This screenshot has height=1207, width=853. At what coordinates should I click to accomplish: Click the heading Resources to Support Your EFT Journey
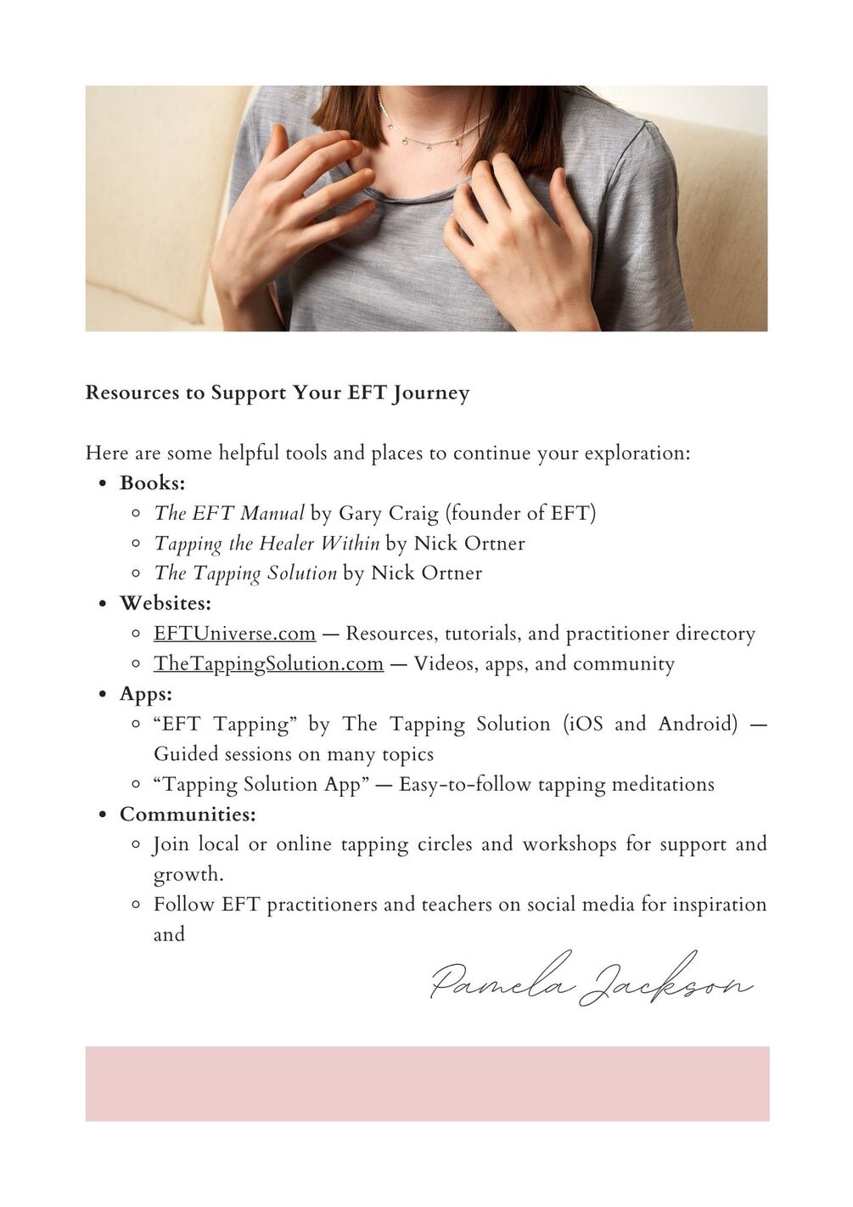(277, 393)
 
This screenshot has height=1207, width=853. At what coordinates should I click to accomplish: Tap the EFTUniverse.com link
(234, 634)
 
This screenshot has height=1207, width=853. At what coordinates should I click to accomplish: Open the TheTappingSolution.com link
(268, 663)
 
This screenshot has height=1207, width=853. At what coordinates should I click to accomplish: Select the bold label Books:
(152, 483)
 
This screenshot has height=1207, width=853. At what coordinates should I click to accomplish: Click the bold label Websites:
(165, 603)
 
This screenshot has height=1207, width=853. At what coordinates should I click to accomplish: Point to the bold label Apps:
(145, 694)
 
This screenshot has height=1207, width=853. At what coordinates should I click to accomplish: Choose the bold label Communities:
(187, 814)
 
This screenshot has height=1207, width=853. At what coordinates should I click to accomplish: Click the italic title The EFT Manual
(228, 513)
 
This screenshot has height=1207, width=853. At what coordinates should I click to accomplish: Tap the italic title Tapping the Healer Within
(267, 544)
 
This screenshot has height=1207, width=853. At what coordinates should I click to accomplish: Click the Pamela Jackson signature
(591, 982)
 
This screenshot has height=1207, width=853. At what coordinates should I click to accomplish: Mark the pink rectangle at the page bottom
(427, 1083)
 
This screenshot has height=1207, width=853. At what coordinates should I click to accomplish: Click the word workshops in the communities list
(569, 844)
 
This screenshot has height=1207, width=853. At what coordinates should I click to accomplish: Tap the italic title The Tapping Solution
(245, 573)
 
